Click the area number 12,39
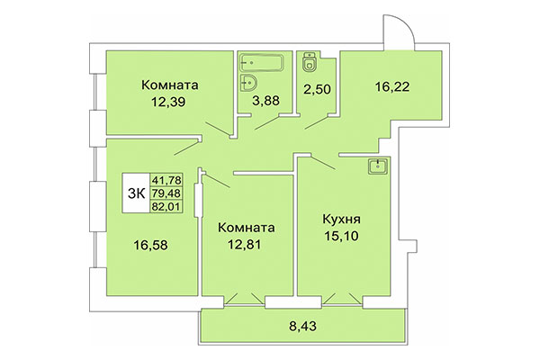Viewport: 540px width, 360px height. [x=169, y=104]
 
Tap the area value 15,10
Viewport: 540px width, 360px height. [x=342, y=238]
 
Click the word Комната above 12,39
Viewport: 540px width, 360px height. [x=169, y=85]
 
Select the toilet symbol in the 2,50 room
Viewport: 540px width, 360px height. [x=310, y=62]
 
